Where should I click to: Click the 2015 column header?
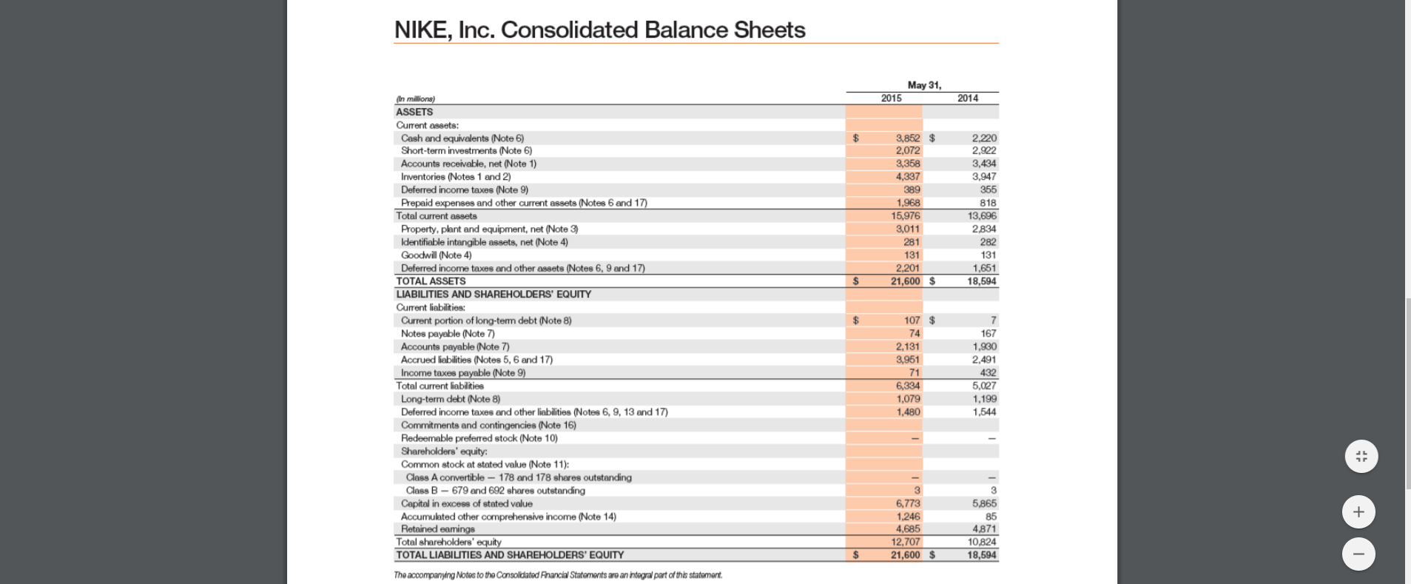[891, 98]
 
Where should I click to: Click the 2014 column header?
[967, 98]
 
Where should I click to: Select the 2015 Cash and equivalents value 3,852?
[908, 138]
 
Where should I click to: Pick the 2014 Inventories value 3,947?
[984, 177]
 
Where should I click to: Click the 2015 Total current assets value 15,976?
[906, 216]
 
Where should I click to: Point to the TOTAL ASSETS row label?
[431, 281]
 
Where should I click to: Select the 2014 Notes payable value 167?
[988, 334]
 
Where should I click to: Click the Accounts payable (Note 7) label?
[454, 347]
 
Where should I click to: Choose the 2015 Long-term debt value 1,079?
[908, 399]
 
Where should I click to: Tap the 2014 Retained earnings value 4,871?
[984, 529]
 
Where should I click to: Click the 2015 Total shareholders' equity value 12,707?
[906, 542]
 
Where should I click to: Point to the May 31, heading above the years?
[924, 85]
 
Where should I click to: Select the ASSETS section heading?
[414, 113]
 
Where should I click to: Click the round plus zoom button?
[1358, 511]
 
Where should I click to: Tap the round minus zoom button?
[1358, 554]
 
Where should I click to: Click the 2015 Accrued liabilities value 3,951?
[908, 360]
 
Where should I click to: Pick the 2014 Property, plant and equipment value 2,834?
[984, 229]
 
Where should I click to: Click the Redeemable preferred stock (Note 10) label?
[479, 438]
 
